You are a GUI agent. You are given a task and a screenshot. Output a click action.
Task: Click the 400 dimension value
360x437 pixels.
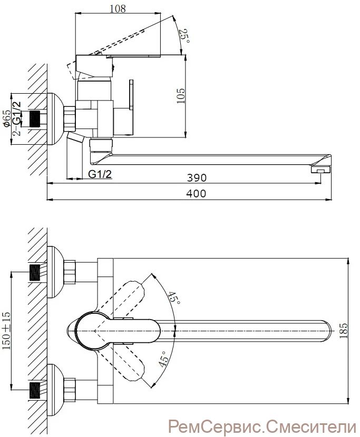pos(197,194)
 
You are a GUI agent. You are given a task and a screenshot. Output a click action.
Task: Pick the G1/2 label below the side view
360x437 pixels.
pos(100,174)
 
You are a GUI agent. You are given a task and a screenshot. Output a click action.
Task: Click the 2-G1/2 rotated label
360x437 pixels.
pos(17,119)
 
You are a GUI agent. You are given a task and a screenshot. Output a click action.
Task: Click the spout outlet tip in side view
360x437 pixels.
pos(320,170)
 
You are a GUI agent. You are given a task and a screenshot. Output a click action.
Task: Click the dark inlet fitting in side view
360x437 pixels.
pos(35,119)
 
